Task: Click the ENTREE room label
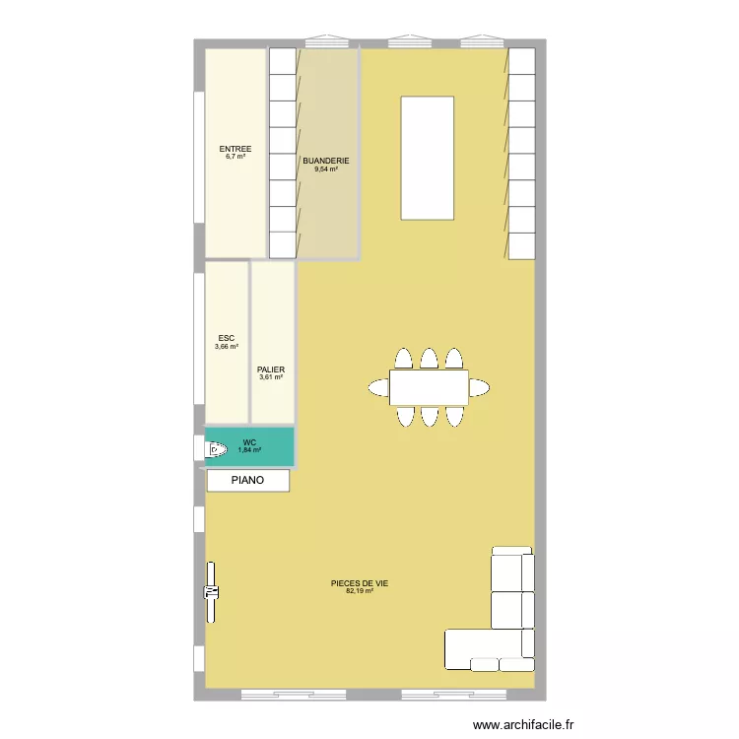coord(235,149)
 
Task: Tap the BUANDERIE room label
coord(326,161)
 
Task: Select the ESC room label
coord(227,338)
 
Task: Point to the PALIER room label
coord(271,369)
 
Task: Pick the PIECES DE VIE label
coord(360,583)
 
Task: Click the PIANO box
coord(248,481)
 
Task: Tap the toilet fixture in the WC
coord(217,450)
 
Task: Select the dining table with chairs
coord(429,386)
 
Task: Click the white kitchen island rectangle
coord(427,158)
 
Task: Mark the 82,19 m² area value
coord(360,591)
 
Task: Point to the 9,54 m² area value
coord(326,169)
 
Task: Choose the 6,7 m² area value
coord(235,157)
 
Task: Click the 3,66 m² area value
coord(227,347)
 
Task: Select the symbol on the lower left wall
coord(211,592)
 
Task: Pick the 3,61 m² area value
coord(271,377)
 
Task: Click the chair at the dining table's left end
coord(378,387)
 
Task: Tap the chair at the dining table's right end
coord(479,387)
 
